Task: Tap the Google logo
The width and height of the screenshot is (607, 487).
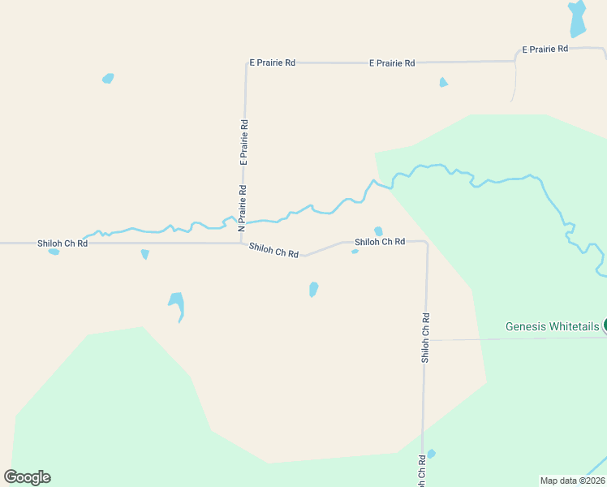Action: tap(27, 477)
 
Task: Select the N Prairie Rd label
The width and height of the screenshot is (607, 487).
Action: tap(242, 209)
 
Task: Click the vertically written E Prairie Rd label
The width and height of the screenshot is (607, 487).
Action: tap(243, 143)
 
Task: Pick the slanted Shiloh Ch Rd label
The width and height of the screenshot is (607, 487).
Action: tap(274, 251)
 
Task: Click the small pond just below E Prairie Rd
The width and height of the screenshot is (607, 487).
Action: tap(443, 82)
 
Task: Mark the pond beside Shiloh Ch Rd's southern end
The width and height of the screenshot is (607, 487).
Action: tap(431, 454)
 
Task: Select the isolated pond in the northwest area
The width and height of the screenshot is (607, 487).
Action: tap(108, 79)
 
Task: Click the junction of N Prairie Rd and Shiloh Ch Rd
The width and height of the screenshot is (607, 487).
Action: tap(242, 243)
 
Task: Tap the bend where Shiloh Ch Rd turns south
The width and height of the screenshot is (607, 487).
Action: tap(426, 243)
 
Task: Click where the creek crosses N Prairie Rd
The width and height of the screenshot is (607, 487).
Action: tap(243, 222)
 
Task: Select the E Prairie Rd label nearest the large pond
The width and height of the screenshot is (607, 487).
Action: tap(545, 50)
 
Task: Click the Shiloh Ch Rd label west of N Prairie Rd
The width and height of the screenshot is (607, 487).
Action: tap(62, 243)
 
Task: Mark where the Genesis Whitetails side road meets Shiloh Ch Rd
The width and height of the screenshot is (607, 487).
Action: tap(424, 340)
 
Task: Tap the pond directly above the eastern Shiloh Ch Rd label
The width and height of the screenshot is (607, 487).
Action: tap(378, 231)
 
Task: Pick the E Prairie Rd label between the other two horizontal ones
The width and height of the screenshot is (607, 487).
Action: tap(392, 62)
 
